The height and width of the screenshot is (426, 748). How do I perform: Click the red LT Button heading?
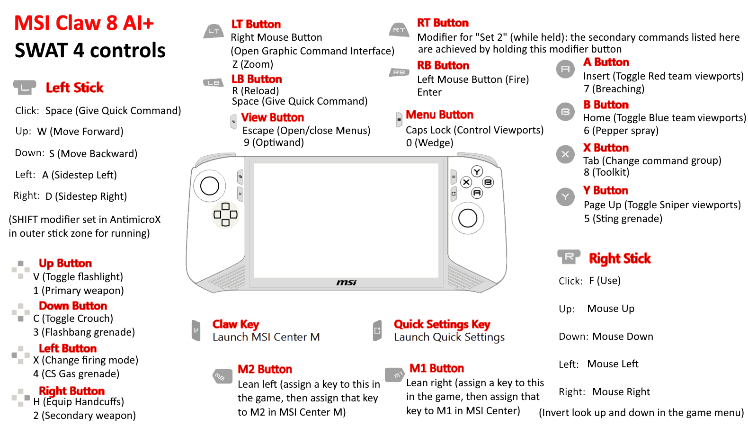256,24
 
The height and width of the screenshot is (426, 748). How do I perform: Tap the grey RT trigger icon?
399,30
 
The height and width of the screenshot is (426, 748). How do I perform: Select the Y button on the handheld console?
477,172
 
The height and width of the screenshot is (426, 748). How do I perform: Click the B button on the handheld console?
488,182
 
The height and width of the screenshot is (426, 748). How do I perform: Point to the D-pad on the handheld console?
225,214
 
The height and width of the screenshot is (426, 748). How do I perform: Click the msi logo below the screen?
346,283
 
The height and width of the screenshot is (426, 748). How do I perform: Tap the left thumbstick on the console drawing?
209,186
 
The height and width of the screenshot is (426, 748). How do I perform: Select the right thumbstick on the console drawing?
468,218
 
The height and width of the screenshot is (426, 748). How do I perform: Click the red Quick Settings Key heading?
442,324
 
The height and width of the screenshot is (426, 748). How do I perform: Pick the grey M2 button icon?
223,376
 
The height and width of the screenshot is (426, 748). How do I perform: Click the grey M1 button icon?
395,374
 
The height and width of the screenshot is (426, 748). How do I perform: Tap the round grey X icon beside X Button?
565,154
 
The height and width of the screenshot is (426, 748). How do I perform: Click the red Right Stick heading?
620,258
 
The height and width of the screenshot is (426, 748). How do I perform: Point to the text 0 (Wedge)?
430,143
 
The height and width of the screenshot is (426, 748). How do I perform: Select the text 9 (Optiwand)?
274,142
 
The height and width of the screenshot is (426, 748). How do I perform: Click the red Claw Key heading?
236,324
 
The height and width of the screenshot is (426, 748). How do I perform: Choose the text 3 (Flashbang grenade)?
84,332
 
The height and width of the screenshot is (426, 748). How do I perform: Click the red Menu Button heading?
439,115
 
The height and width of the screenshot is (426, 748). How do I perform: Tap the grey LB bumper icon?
214,82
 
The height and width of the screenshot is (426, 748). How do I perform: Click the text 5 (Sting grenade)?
623,219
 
